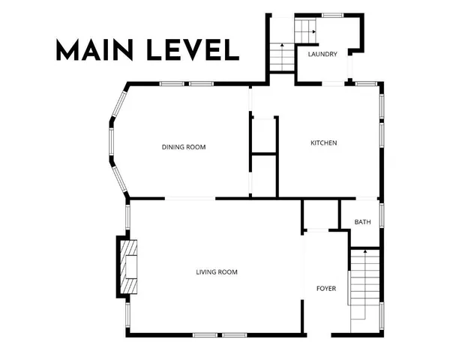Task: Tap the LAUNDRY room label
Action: point(322,54)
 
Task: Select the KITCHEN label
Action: point(324,142)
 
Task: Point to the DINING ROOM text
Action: point(184,147)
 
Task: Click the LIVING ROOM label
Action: point(217,271)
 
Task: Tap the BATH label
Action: point(362,222)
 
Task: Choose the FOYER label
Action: point(326,288)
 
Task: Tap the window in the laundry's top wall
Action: point(332,15)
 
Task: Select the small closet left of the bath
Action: point(321,214)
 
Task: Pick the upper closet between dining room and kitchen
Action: point(264,135)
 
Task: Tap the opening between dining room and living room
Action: point(190,199)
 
